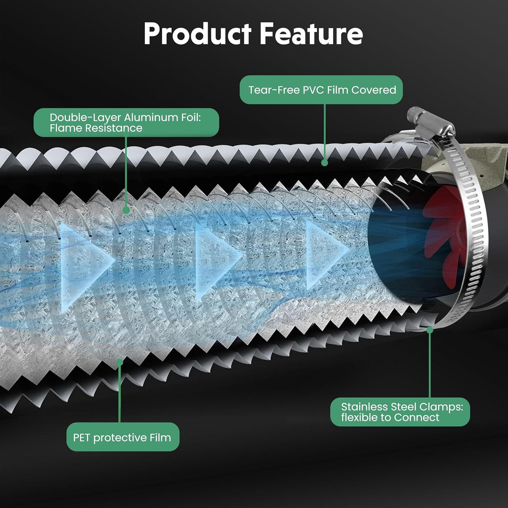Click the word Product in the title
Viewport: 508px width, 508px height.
198,34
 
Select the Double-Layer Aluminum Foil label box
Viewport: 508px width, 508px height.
126,123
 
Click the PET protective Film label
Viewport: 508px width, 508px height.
123,437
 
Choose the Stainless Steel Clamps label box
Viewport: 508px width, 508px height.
400,412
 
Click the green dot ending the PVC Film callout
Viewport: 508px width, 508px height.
324,163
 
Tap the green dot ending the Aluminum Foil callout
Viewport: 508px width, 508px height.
126,210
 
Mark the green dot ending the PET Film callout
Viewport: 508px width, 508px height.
120,362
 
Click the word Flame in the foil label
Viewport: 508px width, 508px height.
66,128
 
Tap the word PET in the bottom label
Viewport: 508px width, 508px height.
81,437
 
